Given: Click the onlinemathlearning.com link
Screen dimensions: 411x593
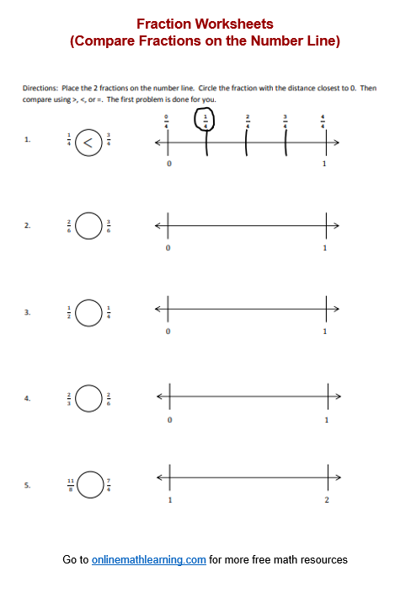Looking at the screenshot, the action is (x=149, y=559).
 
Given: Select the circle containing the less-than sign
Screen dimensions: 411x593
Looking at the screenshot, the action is (x=88, y=142).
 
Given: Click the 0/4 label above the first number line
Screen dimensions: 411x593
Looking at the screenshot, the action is (x=167, y=121).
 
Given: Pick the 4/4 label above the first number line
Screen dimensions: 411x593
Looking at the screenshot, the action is (x=323, y=121).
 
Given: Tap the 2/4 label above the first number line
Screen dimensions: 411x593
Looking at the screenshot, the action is (x=247, y=121).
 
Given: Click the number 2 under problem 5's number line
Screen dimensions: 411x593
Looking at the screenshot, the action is (x=327, y=501).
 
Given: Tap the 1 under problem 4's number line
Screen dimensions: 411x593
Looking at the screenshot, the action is (x=326, y=419).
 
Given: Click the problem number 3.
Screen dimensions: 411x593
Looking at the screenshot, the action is (x=28, y=312).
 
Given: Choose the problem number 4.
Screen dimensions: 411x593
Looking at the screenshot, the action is (x=28, y=398).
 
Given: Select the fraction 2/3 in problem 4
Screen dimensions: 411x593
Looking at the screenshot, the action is (x=71, y=398).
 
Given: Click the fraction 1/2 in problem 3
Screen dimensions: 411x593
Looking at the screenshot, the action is (x=71, y=312).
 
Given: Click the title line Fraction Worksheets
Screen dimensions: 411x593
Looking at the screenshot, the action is (x=205, y=24).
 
